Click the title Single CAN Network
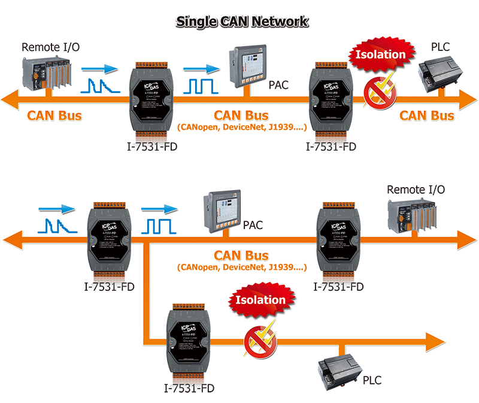242,22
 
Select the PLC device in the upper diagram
439,71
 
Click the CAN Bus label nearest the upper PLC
427,115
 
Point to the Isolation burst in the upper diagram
381,55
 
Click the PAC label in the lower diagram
254,225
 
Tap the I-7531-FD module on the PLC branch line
187,340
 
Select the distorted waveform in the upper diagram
99,86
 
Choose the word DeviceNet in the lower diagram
250,267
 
